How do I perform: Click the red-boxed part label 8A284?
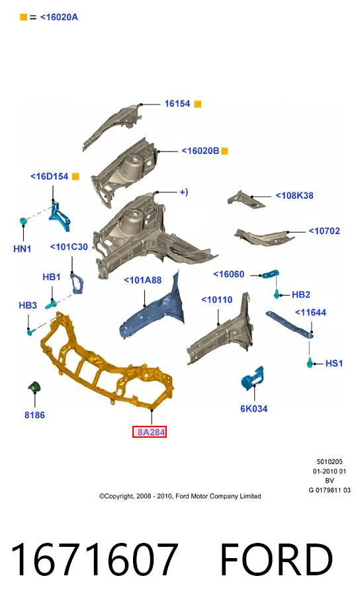[x=150, y=432]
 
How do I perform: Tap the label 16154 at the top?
[x=177, y=104]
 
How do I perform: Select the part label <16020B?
[x=201, y=151]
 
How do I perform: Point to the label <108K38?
[x=294, y=196]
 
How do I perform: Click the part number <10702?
[x=324, y=231]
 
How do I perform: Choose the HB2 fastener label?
[x=300, y=295]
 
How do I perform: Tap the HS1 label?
[x=334, y=363]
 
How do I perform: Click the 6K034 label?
[x=253, y=409]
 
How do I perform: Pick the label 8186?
[x=34, y=415]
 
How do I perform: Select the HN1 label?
[x=22, y=249]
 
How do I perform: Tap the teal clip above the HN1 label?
[x=23, y=222]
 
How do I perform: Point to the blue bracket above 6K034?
[x=253, y=377]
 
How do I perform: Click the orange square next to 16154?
[x=198, y=104]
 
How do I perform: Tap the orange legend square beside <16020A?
[x=23, y=17]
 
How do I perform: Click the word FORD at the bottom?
[x=277, y=560]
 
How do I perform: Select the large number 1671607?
[x=95, y=560]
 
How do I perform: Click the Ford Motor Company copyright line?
[x=180, y=496]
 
